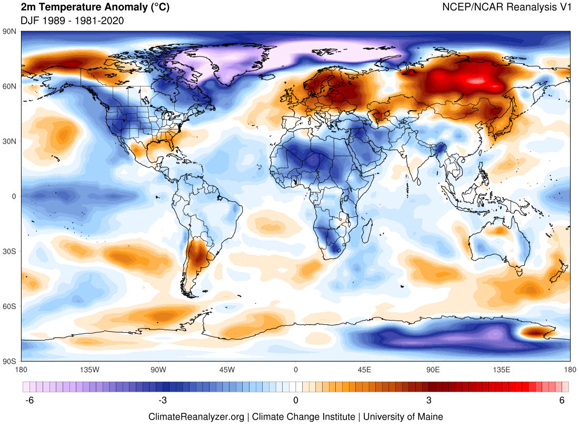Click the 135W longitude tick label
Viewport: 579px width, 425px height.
[90, 369]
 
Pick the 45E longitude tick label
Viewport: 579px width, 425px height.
[364, 369]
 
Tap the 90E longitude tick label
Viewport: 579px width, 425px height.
[433, 369]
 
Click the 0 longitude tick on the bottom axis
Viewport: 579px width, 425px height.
[296, 369]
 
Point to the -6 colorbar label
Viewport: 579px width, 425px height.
[29, 401]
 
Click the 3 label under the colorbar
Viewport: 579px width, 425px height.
[429, 401]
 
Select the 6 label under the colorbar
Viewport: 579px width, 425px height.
[562, 401]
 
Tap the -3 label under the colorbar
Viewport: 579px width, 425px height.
[163, 401]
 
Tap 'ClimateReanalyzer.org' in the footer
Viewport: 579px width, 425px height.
[196, 417]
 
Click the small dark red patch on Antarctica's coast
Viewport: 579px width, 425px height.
[536, 332]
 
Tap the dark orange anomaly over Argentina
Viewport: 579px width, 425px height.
[199, 253]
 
